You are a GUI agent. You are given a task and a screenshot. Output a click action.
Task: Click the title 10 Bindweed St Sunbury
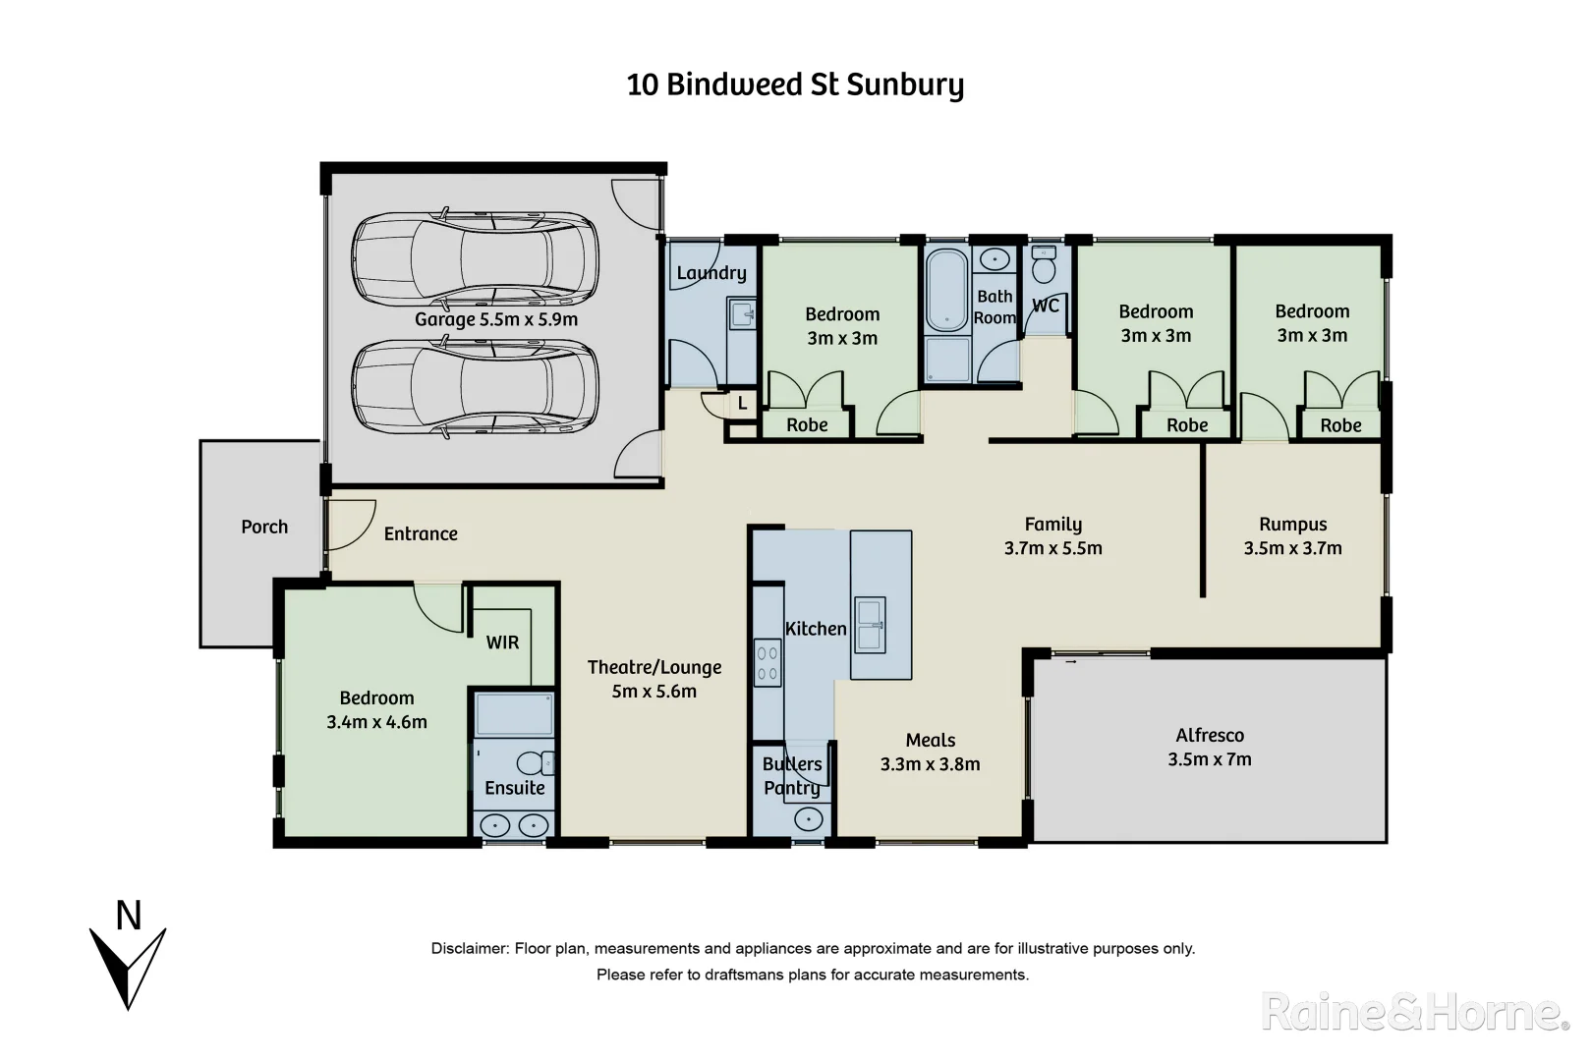pos(795,84)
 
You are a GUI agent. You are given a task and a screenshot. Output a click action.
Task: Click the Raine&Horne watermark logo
pos(1415,1012)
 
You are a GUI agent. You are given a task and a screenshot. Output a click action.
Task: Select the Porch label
pos(264,527)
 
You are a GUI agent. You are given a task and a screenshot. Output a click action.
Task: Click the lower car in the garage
pos(475,387)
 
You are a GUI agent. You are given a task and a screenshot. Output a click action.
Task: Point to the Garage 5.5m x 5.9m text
pos(495,319)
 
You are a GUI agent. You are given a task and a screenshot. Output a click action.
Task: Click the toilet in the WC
pos(1044,264)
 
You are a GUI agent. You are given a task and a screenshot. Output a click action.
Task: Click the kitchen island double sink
pos(869,625)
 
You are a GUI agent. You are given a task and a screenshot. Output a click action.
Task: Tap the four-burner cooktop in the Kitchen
pos(768,663)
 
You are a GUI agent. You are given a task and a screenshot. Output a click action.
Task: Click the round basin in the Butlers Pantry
pos(808,818)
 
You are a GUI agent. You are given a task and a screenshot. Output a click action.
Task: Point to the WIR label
pos(502,642)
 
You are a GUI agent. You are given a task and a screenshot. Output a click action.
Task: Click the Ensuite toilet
pos(537,763)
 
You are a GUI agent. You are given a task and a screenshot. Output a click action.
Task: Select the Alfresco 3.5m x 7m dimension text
pos(1209,759)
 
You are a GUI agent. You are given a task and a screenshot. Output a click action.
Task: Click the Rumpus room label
pos(1292,525)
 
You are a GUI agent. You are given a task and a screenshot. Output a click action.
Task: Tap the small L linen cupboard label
pos(742,404)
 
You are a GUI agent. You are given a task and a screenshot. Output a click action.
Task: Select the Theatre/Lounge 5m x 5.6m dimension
pos(654,692)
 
